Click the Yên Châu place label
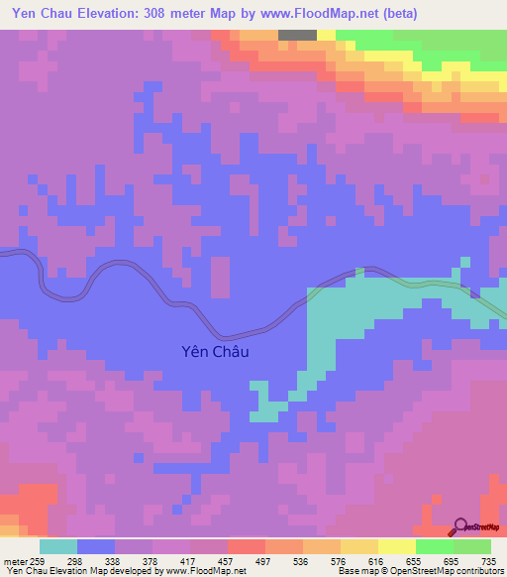click(x=217, y=351)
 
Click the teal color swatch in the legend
click(x=58, y=546)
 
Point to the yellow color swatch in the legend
click(x=396, y=546)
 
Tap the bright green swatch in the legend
click(x=435, y=546)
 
